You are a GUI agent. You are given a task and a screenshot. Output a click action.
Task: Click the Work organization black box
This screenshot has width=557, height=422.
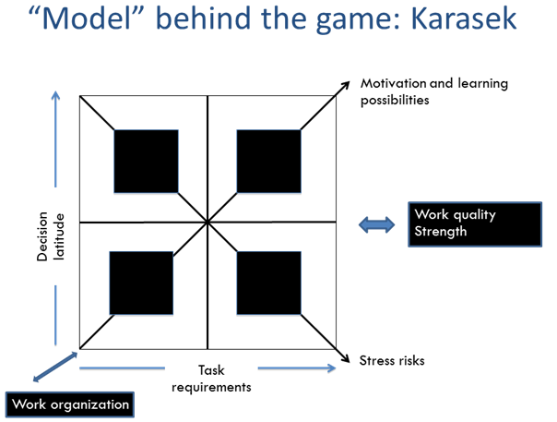coord(70,404)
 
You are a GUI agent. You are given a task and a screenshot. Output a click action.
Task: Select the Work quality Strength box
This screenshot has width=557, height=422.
coord(475,224)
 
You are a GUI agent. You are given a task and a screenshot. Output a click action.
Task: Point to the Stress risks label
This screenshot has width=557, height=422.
coord(392,360)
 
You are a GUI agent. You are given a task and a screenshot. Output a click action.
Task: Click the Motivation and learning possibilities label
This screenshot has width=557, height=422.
coord(434,91)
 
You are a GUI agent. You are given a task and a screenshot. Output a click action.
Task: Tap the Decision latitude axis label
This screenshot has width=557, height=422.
coord(51,236)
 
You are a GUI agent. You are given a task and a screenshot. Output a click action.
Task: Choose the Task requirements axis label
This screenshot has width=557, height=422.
coord(211,379)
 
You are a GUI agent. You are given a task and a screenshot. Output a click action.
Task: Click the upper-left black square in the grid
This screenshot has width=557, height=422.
coord(146,162)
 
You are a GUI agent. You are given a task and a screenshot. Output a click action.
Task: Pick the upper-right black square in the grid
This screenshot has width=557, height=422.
coord(269,162)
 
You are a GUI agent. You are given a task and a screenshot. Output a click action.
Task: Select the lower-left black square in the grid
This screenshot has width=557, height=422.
coord(141,283)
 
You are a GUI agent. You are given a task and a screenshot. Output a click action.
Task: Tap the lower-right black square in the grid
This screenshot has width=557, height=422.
coord(269,283)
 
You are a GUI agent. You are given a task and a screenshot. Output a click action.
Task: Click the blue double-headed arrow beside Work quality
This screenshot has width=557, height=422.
coord(376,225)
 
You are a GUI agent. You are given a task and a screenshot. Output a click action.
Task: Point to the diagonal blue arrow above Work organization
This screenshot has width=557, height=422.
coord(55,367)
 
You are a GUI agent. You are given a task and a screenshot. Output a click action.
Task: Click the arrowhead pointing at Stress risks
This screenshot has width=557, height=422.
coord(346,358)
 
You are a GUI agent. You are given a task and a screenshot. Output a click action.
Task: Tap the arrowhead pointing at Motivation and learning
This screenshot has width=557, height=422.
coord(346,85)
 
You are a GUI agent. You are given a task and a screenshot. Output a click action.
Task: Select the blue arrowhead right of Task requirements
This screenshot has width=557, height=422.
coord(332,368)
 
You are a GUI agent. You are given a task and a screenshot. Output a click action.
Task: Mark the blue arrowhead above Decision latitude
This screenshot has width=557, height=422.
coord(55,95)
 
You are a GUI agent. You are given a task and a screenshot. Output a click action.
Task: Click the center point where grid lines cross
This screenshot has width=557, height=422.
coord(207,223)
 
